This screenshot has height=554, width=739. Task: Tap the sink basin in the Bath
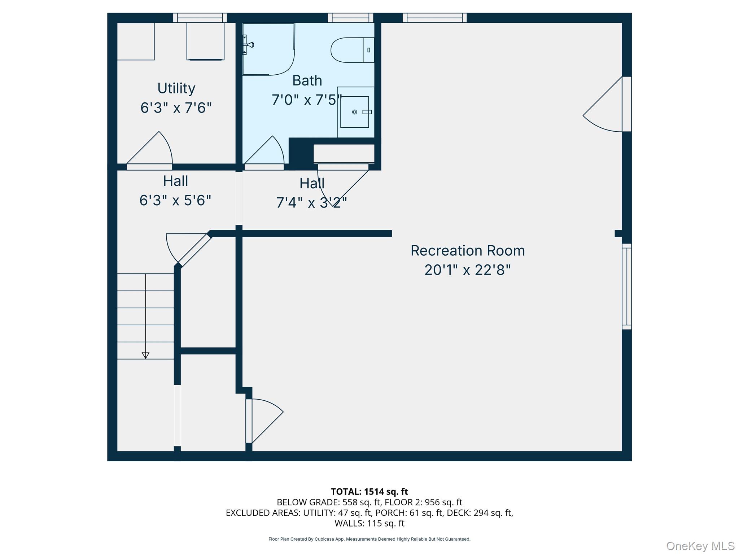coord(355,112)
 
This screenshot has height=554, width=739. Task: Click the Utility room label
coord(176,88)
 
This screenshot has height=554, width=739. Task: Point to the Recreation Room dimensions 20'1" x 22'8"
coord(467,270)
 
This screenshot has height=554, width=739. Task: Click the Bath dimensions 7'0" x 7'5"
coord(307,100)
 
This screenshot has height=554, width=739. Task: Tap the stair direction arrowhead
coord(145,355)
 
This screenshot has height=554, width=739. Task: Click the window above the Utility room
coord(200,18)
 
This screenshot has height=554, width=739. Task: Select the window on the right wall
coord(627,286)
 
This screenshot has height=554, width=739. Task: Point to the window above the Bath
coord(350,18)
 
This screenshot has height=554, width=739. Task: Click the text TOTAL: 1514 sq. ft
coord(369,492)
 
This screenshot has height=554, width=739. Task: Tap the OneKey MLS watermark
coord(700,546)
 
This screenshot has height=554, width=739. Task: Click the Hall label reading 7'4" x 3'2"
coord(312,203)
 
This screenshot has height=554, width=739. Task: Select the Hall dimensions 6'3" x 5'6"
coord(175,200)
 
